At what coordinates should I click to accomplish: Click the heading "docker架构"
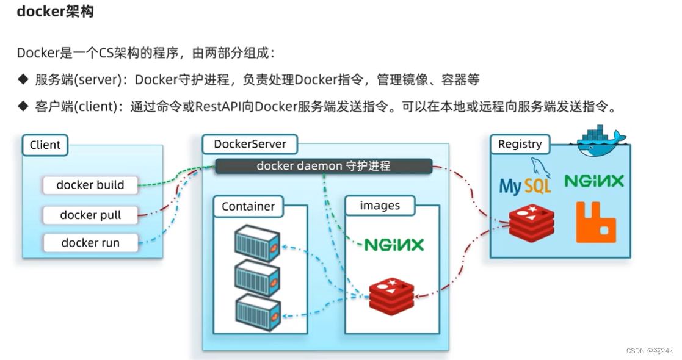click(x=55, y=12)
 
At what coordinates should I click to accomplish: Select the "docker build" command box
click(x=90, y=185)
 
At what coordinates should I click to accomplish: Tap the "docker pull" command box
click(x=90, y=215)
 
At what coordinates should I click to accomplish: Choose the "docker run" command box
click(x=90, y=243)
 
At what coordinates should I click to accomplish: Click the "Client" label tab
click(x=45, y=145)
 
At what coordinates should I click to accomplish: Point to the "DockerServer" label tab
click(x=250, y=145)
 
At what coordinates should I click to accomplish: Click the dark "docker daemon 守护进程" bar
click(x=323, y=166)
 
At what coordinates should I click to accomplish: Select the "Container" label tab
click(x=248, y=206)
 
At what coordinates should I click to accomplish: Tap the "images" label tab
click(x=380, y=206)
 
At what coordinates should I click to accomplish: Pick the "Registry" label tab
click(x=520, y=144)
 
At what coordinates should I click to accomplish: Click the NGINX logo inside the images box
click(x=394, y=245)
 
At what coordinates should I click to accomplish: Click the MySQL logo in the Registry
click(x=526, y=178)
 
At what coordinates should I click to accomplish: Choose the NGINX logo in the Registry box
click(x=594, y=181)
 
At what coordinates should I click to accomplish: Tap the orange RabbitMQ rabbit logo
click(x=596, y=222)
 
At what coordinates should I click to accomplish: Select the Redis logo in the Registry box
click(x=531, y=223)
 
